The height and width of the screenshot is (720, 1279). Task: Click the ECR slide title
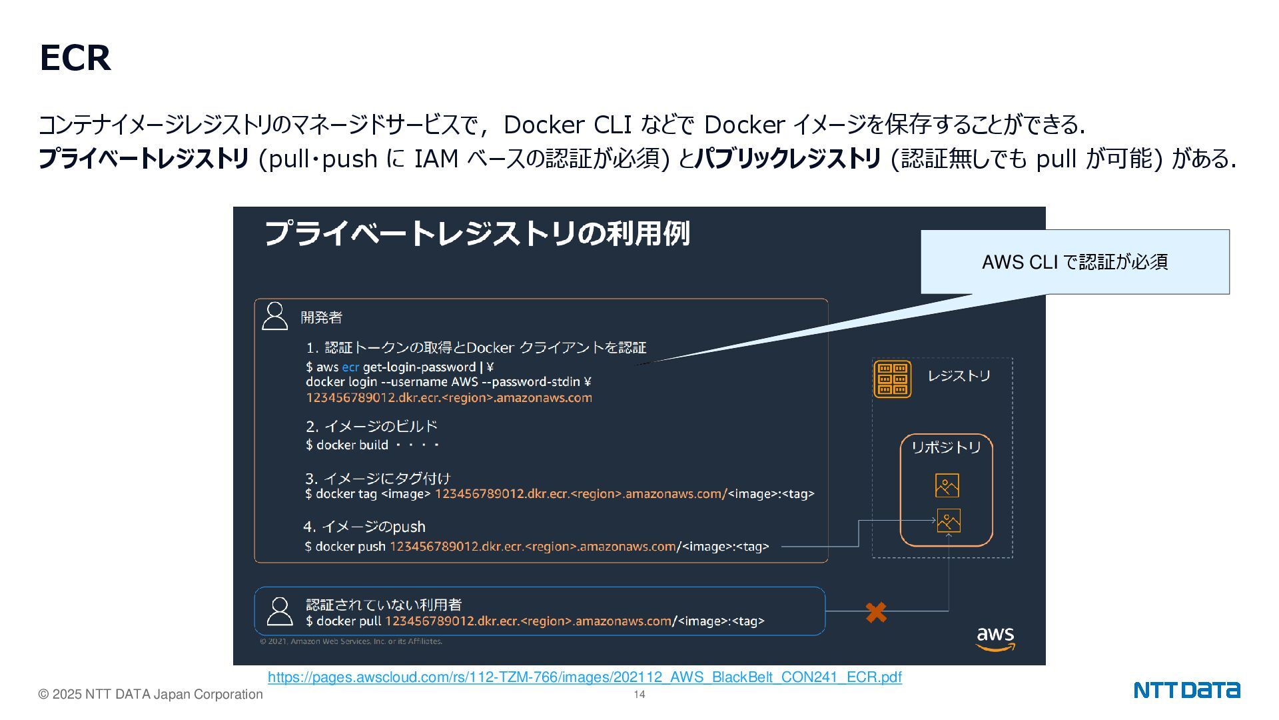[x=75, y=58]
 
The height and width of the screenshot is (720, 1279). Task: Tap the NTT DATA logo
[x=1186, y=690]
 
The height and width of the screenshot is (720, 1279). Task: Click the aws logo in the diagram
[x=995, y=638]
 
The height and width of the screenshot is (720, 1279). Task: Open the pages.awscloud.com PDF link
[x=584, y=677]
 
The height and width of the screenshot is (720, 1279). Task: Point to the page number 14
[x=639, y=695]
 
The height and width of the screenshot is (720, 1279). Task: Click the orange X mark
[x=876, y=612]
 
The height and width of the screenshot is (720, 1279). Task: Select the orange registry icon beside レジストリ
[x=892, y=379]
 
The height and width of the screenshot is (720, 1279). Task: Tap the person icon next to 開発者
[x=274, y=316]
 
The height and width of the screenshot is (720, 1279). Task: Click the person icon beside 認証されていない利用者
[x=279, y=611]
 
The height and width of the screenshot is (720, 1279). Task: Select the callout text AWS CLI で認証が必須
[x=1074, y=262]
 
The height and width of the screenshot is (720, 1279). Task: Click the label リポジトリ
[x=946, y=447]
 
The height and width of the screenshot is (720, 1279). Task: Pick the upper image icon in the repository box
[x=947, y=485]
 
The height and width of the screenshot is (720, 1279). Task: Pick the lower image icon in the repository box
[x=948, y=521]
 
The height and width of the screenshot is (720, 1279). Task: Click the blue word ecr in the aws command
[x=350, y=367]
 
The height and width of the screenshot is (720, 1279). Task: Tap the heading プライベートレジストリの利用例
[x=477, y=233]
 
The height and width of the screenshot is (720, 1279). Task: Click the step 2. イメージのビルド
[x=371, y=426]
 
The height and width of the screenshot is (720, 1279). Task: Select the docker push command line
[x=536, y=547]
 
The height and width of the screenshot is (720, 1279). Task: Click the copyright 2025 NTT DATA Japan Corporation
[x=151, y=695]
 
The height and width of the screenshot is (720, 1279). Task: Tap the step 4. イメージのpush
[x=364, y=527]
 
